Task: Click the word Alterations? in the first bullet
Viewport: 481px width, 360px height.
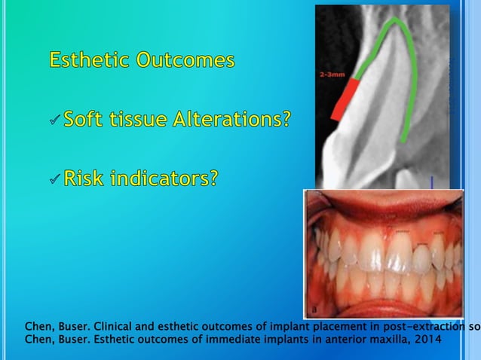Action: [x=237, y=119]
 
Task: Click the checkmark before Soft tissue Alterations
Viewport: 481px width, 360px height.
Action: [x=54, y=121]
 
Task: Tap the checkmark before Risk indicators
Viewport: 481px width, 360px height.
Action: [x=54, y=180]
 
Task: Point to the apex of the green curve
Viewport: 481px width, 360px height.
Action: [x=391, y=22]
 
